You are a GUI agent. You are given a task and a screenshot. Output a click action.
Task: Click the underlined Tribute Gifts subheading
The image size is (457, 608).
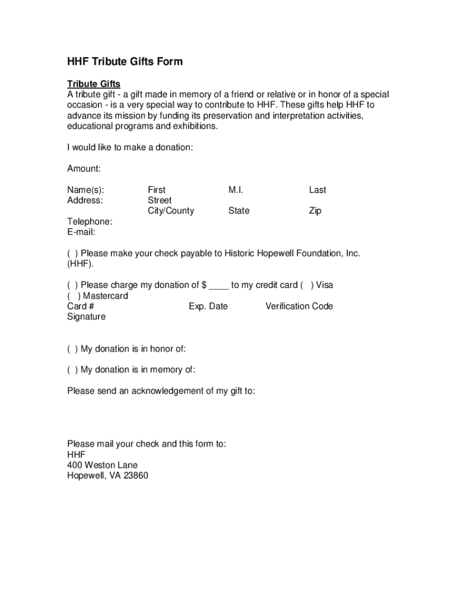coord(94,84)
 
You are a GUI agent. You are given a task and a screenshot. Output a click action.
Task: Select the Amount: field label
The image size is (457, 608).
coord(84,169)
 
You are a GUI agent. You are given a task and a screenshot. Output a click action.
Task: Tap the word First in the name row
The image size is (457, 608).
coord(157,190)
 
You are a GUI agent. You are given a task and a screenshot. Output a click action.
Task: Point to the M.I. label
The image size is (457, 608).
coord(236,190)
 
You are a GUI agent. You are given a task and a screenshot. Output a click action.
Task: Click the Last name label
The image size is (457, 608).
coord(318,190)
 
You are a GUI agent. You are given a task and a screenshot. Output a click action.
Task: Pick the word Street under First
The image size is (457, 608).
coord(160,201)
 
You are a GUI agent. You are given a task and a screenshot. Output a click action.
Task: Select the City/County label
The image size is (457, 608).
coord(171,211)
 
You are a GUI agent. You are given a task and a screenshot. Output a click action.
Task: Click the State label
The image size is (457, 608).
coord(239,211)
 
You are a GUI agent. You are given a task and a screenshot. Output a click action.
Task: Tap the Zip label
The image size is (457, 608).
coord(315,211)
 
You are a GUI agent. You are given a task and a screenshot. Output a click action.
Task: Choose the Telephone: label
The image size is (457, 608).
coord(90,221)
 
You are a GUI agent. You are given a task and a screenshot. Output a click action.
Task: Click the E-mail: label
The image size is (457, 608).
coord(81,232)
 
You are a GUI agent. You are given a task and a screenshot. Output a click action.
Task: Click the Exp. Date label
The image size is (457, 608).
coord(208,306)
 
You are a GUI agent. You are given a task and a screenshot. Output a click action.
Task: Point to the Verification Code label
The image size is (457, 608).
coord(299,306)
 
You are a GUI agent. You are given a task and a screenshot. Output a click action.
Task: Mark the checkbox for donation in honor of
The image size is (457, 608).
coord(72,349)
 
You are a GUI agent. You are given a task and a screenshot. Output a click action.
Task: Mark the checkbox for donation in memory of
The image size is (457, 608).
coord(72,370)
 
